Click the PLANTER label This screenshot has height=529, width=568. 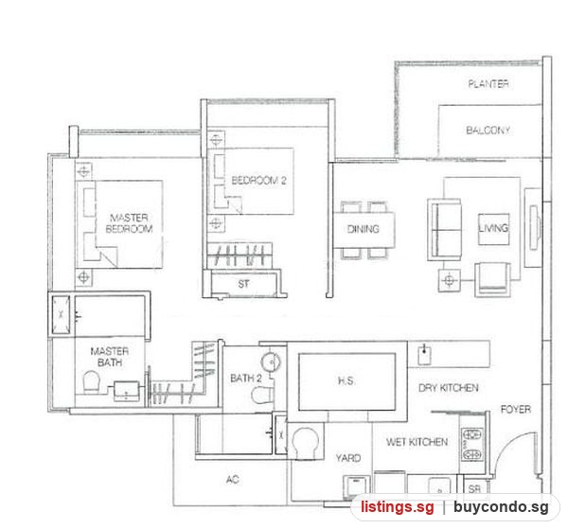coord(488,84)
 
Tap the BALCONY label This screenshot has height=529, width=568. coord(488,130)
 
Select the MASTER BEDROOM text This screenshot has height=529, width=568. coord(129,223)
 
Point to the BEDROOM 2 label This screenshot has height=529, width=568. coord(258,181)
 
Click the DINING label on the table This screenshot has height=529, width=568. coord(363,229)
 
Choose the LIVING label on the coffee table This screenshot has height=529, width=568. coord(493,228)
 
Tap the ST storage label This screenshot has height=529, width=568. coord(243,284)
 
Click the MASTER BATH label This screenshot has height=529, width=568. coord(110,357)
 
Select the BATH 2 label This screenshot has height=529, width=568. coord(245,379)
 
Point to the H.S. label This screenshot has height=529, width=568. coord(346,381)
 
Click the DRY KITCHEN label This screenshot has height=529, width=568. coord(449,388)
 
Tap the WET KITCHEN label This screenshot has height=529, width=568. coord(417,442)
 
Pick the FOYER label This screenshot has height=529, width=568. coord(516,409)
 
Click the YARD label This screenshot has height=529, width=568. coord(347,458)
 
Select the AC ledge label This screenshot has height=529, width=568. coord(232,480)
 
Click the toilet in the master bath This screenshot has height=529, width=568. coord(91,382)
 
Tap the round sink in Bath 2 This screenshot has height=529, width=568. coord(271,362)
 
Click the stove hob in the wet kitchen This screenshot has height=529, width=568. coord(472,444)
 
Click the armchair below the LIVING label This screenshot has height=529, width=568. coord(492,278)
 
